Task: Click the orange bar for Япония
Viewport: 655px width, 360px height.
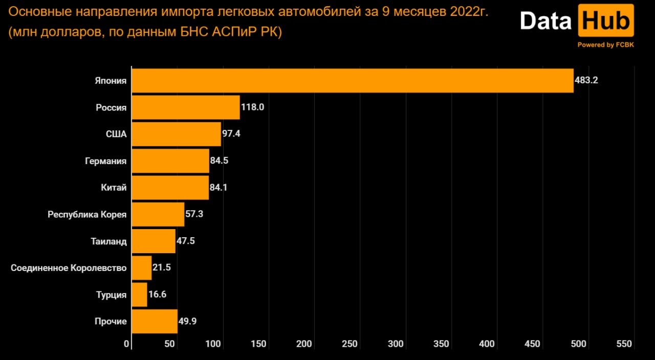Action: [x=353, y=81]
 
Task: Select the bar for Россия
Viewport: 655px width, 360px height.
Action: [x=186, y=107]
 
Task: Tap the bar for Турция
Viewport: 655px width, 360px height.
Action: [x=140, y=295]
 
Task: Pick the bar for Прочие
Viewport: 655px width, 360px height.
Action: [x=155, y=322]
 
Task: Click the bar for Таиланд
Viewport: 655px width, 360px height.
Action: [x=154, y=241]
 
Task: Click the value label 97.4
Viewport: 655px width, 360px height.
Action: [x=231, y=134]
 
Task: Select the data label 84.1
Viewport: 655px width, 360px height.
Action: [x=219, y=188]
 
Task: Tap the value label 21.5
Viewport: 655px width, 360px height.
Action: [x=161, y=268]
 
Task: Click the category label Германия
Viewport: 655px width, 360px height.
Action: [x=105, y=161]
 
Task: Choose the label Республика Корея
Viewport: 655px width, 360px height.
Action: [x=87, y=214]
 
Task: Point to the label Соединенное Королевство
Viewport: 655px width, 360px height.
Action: [x=69, y=268]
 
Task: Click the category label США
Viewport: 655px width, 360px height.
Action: [x=116, y=134]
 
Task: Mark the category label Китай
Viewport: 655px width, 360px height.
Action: [x=114, y=188]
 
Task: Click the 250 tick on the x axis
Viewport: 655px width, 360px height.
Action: [x=350, y=344]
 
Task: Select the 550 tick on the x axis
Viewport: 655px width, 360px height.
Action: [x=624, y=344]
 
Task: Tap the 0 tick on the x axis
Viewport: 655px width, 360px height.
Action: [x=127, y=344]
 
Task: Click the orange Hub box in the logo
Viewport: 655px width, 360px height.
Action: [x=606, y=21]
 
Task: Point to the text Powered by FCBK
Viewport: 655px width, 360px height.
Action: [x=606, y=45]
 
